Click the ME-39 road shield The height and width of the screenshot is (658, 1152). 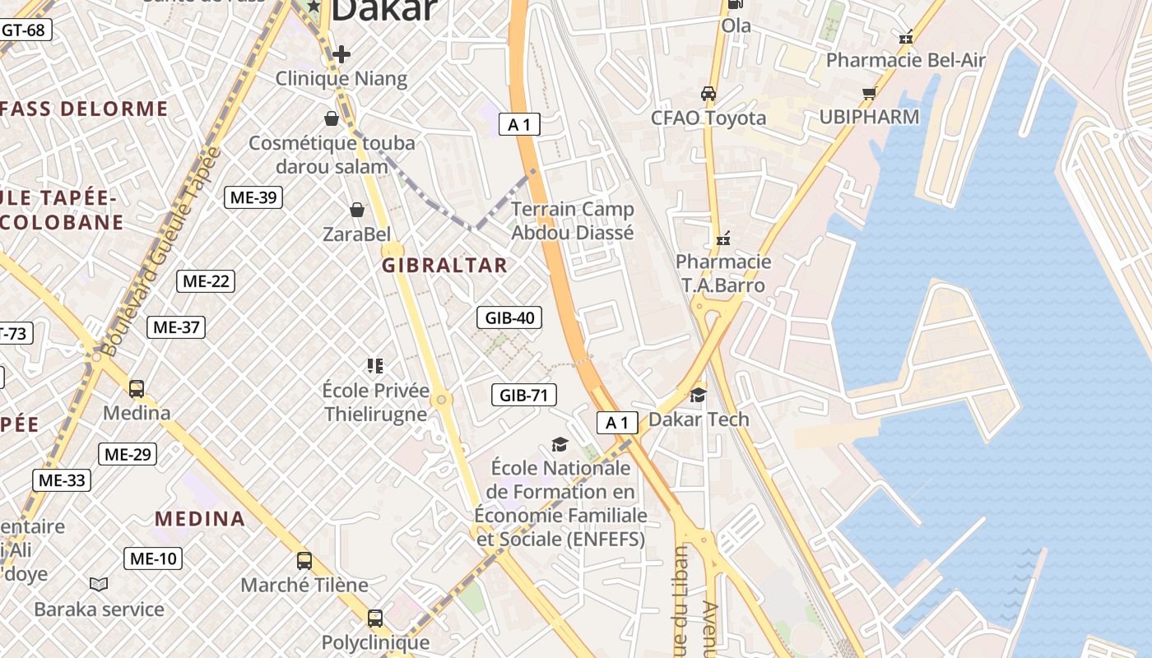click(253, 197)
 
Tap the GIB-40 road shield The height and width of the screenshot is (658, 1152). click(509, 317)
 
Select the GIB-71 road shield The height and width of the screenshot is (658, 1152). click(523, 395)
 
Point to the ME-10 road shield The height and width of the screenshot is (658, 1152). click(153, 558)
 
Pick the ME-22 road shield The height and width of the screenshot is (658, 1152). click(206, 281)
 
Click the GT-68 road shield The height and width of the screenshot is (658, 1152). click(23, 30)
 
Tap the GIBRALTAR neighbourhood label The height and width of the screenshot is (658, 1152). click(444, 266)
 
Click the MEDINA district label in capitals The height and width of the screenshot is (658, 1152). click(200, 519)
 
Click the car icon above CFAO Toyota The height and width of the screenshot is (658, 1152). click(708, 94)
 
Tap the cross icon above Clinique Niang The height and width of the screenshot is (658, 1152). click(341, 54)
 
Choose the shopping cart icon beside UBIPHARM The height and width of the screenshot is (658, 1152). click(869, 93)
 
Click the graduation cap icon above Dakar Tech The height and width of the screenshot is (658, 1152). click(698, 395)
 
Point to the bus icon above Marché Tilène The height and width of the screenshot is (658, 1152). click(304, 561)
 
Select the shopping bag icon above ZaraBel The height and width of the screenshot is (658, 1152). click(357, 211)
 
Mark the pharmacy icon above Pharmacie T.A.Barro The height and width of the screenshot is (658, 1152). click(723, 239)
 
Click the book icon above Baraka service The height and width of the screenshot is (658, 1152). click(99, 584)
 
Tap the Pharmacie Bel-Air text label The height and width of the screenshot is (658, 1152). click(905, 60)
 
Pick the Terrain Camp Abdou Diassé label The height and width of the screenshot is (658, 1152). click(573, 220)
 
